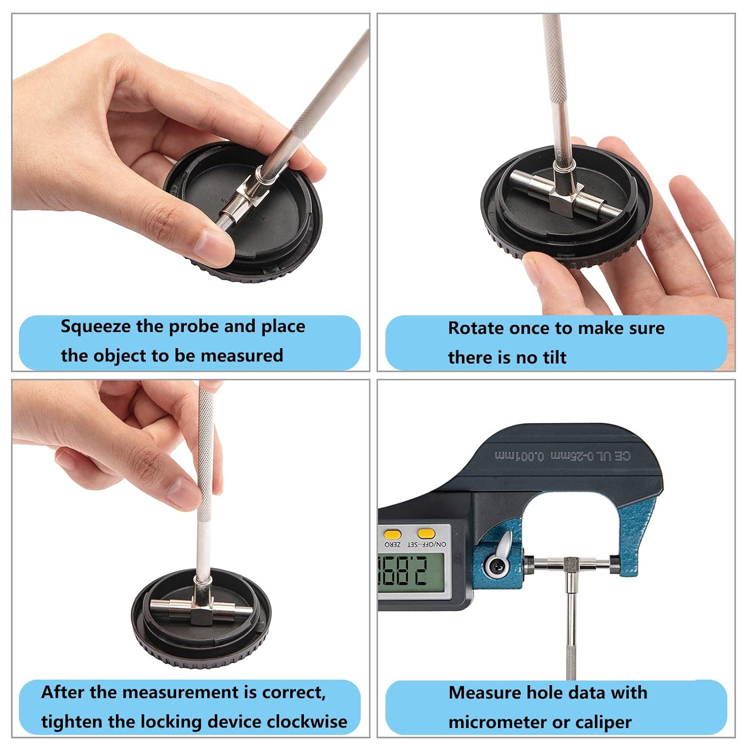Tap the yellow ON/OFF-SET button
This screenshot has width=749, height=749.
click(426, 533)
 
